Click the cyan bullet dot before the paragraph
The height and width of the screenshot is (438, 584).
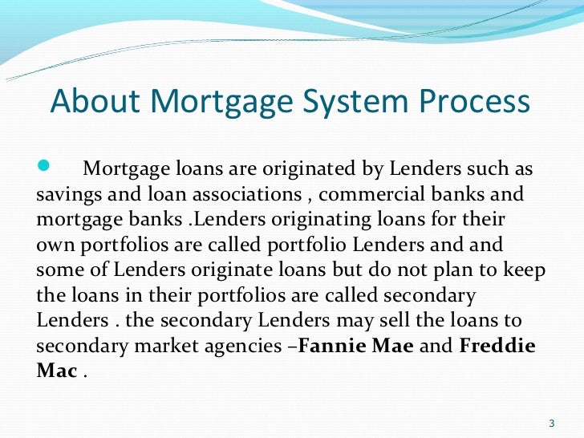[x=44, y=168]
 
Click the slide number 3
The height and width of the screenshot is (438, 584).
[x=551, y=424]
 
